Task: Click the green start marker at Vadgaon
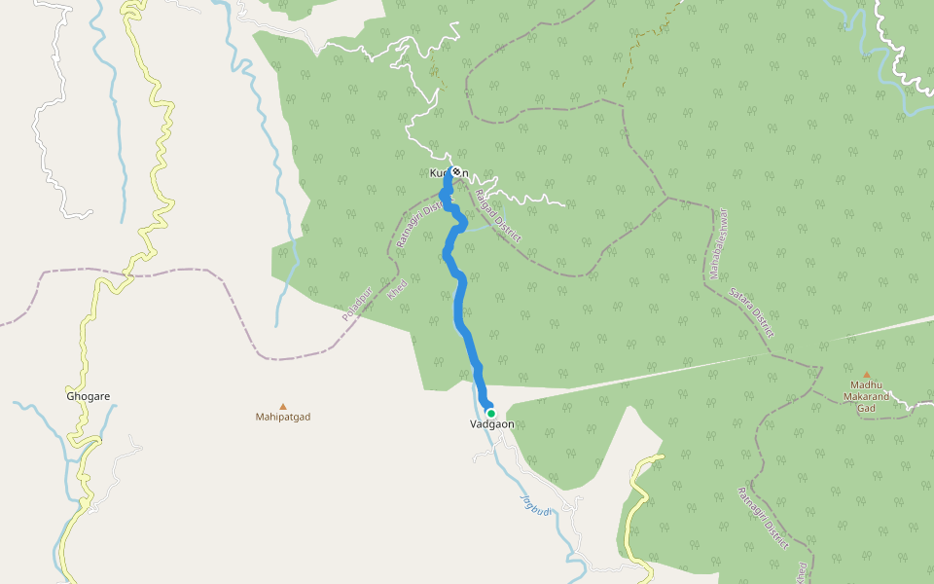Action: tap(491, 414)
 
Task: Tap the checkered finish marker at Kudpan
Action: tap(455, 172)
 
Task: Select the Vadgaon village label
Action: tap(491, 424)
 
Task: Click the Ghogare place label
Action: tap(88, 397)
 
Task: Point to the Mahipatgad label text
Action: tap(283, 418)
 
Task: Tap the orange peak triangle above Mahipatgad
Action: tap(283, 406)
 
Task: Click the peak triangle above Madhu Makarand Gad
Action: tap(867, 374)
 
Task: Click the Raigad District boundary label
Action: tap(498, 215)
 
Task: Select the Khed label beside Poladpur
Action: tap(397, 290)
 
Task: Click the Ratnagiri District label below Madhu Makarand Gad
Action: tap(763, 518)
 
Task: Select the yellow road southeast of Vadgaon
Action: tap(636, 487)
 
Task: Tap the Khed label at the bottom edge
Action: tap(803, 572)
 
